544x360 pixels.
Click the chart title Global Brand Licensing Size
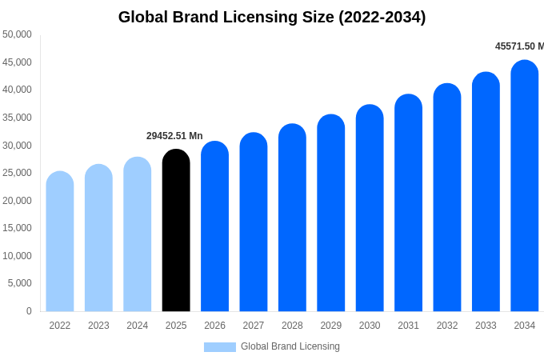272,17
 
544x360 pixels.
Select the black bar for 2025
176,232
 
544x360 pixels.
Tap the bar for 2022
60,242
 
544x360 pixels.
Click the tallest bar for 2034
525,186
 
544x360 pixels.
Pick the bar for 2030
370,209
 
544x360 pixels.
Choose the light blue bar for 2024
138,235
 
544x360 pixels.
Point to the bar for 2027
254,223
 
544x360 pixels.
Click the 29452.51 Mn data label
174,136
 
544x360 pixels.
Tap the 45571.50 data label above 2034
518,46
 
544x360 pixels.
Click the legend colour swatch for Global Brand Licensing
220,347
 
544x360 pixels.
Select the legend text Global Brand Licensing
290,346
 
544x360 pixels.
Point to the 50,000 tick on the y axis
17,34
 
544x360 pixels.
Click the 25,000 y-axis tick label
17,173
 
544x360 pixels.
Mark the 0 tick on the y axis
29,311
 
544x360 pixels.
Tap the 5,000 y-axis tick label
20,283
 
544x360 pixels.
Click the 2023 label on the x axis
98,326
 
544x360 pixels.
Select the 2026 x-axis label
214,326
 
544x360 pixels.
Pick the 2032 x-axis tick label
447,326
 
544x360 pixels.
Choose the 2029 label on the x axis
331,326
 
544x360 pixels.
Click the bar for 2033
486,193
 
